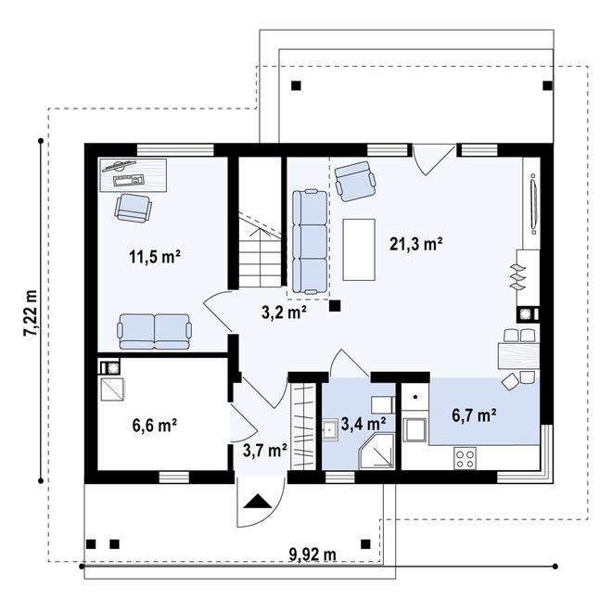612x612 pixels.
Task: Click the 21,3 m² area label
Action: click(x=415, y=245)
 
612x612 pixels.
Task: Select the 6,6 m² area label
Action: click(x=154, y=426)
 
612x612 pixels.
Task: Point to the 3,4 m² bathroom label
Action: click(x=363, y=424)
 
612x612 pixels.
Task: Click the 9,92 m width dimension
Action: click(x=312, y=555)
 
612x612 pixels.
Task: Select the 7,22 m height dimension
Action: click(x=32, y=313)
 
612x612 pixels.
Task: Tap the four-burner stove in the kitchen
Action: click(x=465, y=457)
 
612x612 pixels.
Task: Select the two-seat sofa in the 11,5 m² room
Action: click(x=154, y=330)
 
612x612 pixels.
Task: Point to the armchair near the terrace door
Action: click(x=354, y=181)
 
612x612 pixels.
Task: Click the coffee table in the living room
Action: click(x=359, y=249)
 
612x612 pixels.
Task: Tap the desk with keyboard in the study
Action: click(x=132, y=173)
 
